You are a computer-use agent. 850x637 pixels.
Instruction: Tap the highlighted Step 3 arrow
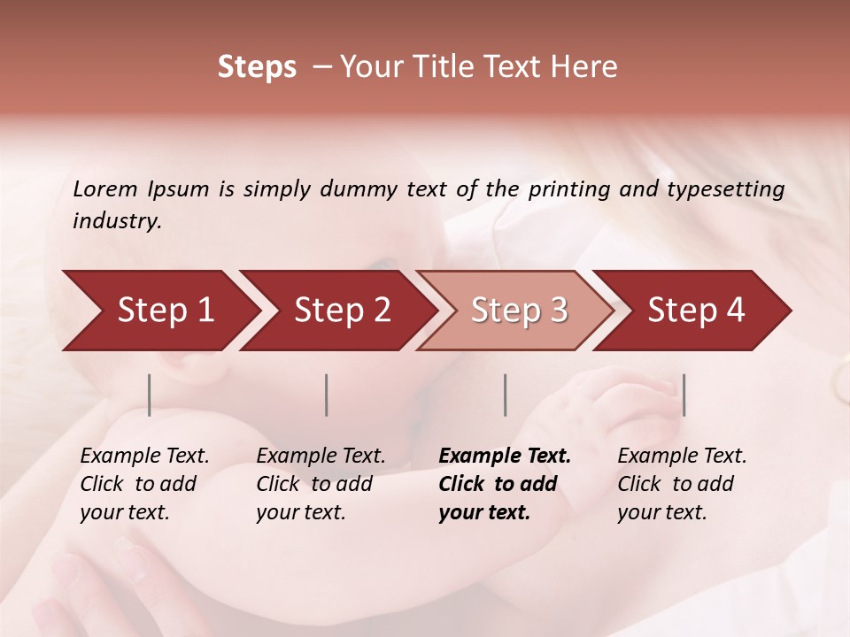(x=519, y=311)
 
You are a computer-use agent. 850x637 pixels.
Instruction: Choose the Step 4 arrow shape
(x=696, y=311)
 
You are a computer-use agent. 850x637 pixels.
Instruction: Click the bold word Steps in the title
(x=257, y=67)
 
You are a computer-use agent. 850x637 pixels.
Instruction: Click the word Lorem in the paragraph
(x=105, y=189)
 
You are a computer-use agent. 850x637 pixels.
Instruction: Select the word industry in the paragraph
(x=116, y=221)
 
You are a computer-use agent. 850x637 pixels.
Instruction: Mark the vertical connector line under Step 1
(x=150, y=395)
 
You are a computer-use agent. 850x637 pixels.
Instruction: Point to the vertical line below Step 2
(x=327, y=395)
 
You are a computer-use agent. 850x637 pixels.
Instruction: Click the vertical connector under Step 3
(x=505, y=395)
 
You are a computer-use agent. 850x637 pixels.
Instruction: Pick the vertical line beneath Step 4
(x=684, y=395)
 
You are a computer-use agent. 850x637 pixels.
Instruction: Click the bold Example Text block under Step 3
(x=504, y=484)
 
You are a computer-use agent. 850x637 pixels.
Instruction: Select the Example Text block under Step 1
(x=144, y=484)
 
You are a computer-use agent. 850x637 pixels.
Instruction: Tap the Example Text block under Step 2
(x=321, y=484)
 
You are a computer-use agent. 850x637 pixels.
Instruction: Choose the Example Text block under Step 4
(x=682, y=484)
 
